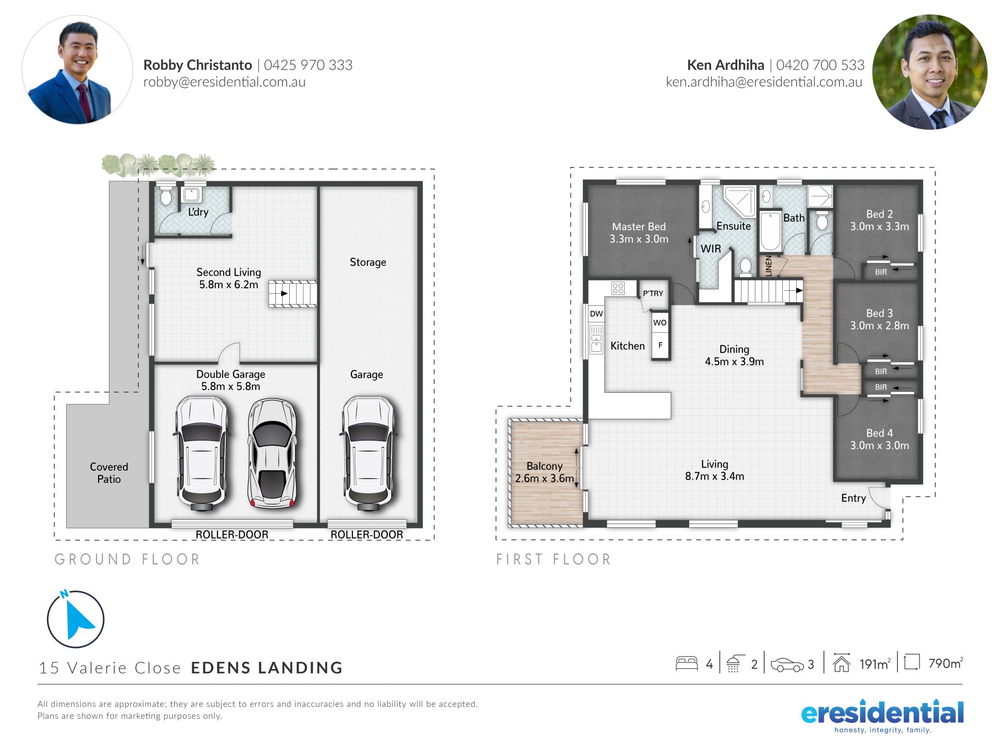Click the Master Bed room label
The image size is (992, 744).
[639, 227]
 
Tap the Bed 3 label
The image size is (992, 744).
[879, 313]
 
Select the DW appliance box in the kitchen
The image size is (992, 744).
[596, 314]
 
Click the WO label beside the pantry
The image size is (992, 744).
[660, 323]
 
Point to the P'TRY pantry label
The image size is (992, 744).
[653, 293]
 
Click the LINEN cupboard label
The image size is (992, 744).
[768, 266]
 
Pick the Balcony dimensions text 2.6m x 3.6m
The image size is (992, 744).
[545, 478]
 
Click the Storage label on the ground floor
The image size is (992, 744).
[368, 262]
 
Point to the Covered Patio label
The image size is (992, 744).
[109, 473]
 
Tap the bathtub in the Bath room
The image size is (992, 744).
[770, 231]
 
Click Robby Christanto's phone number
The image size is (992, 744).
[308, 65]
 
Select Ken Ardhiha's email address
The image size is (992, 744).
[764, 82]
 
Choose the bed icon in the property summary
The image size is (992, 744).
[687, 663]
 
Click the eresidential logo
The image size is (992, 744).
[882, 717]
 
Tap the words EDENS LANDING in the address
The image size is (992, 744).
[267, 668]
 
